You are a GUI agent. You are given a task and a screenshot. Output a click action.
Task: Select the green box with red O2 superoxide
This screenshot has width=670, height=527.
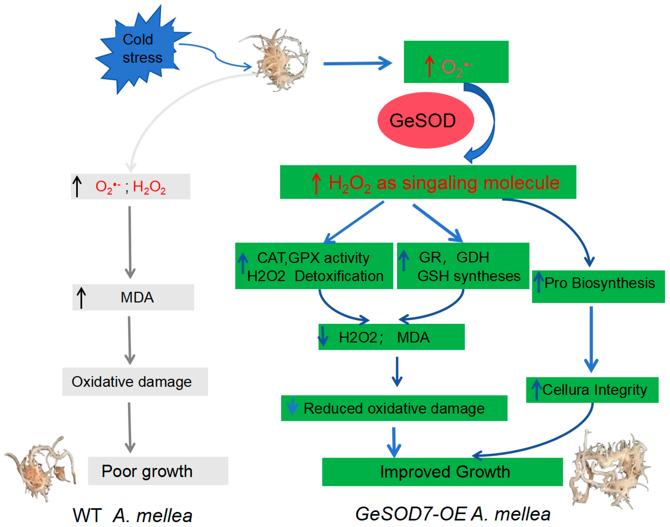pyautogui.click(x=456, y=62)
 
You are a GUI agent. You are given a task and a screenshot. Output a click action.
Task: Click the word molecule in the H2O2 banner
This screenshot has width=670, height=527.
pyautogui.click(x=521, y=183)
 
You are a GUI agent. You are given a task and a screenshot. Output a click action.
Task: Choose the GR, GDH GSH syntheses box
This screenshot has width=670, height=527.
pyautogui.click(x=463, y=266)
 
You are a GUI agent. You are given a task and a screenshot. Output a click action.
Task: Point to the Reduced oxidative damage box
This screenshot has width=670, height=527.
pyautogui.click(x=394, y=408)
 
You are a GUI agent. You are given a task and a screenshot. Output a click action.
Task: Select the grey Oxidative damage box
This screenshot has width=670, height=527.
pyautogui.click(x=135, y=382)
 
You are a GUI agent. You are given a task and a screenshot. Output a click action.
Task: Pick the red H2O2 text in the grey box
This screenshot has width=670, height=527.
pyautogui.click(x=149, y=187)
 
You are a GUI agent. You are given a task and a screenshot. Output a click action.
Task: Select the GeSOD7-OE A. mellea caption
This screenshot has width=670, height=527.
pyautogui.click(x=453, y=514)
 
